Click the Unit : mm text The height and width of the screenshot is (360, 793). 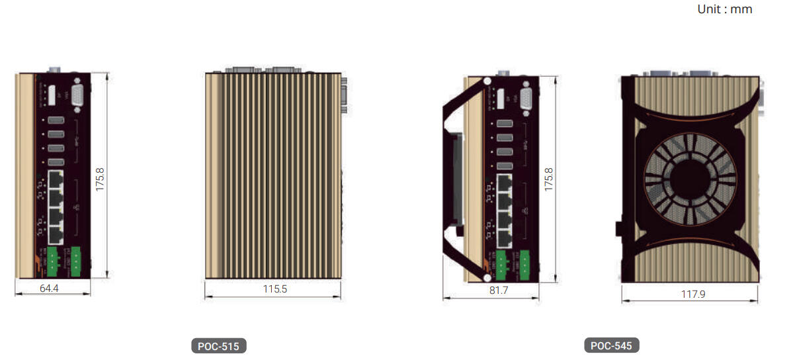[725, 9]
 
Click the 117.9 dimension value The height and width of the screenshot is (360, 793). [693, 294]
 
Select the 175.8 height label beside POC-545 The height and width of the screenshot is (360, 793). [548, 179]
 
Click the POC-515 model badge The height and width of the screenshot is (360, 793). [218, 346]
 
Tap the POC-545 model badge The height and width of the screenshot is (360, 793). [612, 346]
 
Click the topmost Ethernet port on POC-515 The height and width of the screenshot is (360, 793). [56, 179]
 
